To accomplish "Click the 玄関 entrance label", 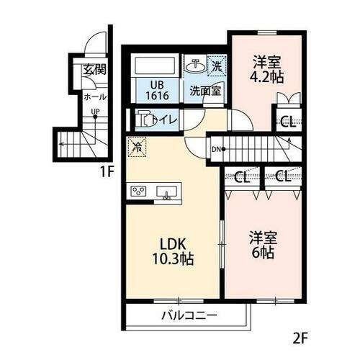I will point(94,70).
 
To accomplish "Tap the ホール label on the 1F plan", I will point(94,96).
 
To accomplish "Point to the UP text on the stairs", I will point(94,112).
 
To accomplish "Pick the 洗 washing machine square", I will point(216,65).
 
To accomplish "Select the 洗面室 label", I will point(205,91).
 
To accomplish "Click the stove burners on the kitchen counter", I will point(138,192).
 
